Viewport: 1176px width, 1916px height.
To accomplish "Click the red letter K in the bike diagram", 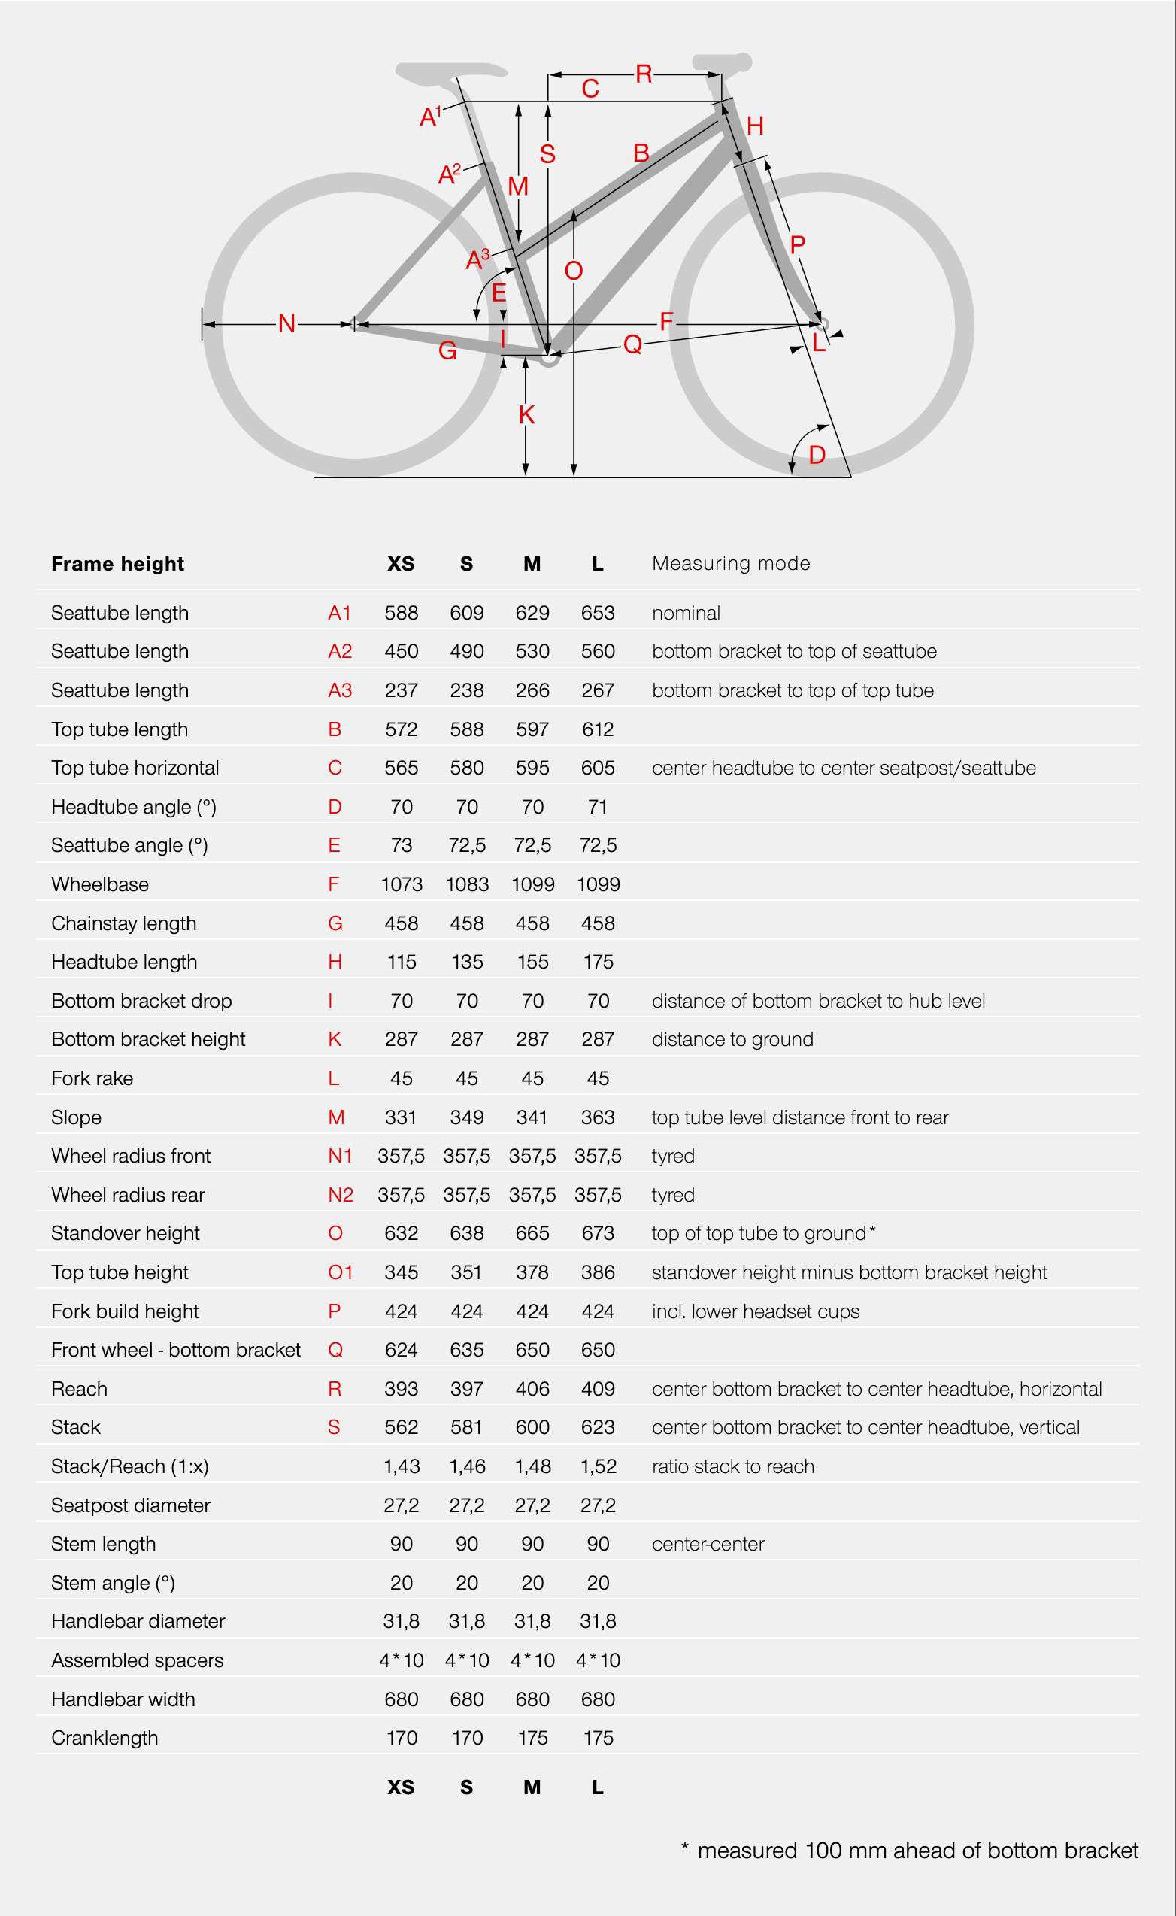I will coord(526,414).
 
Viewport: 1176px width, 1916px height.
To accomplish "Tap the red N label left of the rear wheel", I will coord(286,323).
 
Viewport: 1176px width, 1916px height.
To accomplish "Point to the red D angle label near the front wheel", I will coord(817,455).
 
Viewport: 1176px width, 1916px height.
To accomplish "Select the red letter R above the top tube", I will coord(643,74).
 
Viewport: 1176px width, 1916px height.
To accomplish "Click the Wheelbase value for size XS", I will coord(402,884).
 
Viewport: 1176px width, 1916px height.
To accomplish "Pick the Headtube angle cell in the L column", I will coord(597,806).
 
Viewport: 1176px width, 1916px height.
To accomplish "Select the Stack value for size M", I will coord(532,1427).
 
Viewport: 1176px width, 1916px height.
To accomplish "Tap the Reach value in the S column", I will coord(467,1388).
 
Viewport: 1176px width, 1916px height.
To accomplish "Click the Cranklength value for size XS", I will coord(402,1737).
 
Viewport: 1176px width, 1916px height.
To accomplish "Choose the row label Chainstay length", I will coord(123,923).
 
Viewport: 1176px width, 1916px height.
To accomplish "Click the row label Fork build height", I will coord(126,1311).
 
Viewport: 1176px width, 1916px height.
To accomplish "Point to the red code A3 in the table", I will coord(340,690).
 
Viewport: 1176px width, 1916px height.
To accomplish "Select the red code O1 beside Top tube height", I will coord(340,1272).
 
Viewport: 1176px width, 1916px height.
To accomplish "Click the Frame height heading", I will coord(117,564).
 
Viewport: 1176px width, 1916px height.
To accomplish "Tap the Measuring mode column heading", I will coord(730,563).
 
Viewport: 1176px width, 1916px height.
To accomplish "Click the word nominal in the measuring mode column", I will coord(685,613).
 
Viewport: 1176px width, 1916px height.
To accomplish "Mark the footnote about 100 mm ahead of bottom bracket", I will coord(910,1850).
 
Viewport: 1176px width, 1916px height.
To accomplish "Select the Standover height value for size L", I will coord(597,1233).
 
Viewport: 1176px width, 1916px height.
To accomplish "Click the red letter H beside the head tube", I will coord(754,126).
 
